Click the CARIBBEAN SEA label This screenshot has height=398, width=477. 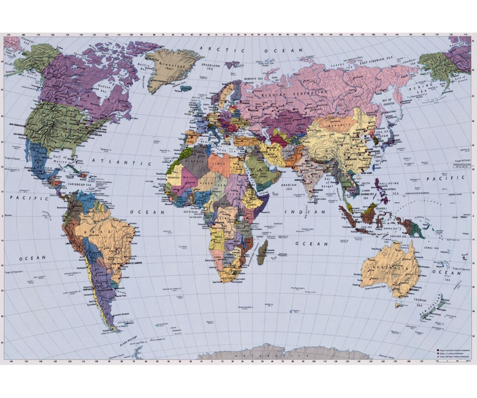80,185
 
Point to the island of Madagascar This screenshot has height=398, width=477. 262,252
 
